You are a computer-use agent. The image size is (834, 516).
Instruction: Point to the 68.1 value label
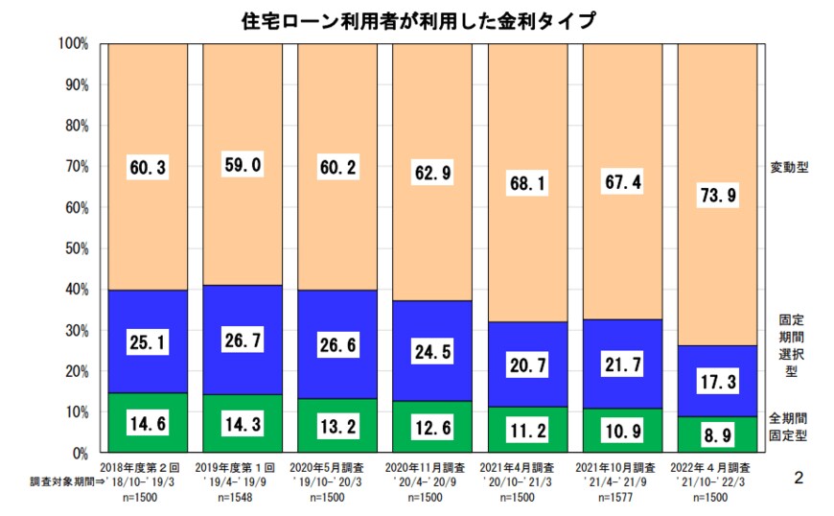527,181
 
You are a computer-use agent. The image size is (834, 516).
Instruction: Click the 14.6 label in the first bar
148,423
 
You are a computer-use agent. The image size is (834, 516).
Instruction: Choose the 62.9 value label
432,175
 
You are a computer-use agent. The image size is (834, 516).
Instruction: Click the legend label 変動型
789,167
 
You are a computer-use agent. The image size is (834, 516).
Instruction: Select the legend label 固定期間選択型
789,346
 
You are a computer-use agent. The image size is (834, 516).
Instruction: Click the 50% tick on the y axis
76,248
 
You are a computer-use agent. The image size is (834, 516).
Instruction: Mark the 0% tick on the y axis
80,452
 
